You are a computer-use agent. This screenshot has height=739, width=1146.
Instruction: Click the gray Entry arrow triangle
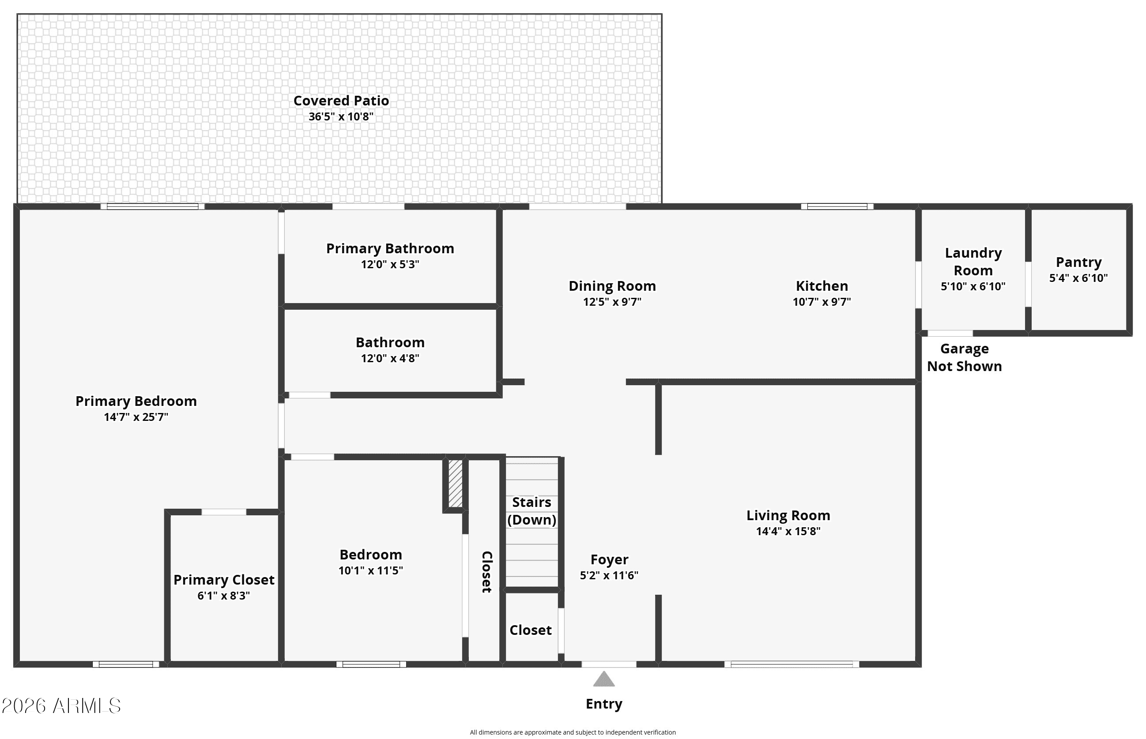pos(604,679)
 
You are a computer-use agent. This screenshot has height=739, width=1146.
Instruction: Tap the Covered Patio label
pos(341,101)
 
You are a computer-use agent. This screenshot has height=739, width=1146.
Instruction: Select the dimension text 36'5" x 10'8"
pos(341,116)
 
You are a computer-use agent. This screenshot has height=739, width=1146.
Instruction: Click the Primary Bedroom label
pos(136,401)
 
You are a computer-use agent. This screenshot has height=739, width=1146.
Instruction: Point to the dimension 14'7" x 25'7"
pos(136,417)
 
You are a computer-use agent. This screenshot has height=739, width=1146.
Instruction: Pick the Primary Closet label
pos(224,580)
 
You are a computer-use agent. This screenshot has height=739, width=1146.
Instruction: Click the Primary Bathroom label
pos(390,248)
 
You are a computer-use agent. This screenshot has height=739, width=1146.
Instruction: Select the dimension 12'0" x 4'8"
pos(390,358)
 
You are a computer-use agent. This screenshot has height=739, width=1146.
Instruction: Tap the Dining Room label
pos(612,286)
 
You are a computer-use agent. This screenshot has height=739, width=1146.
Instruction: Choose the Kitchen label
pos(822,286)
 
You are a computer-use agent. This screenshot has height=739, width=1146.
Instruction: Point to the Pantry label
pos(1078,262)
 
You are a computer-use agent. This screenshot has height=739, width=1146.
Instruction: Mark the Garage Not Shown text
pos(964,357)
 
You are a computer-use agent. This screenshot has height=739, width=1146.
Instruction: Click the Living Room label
pos(788,515)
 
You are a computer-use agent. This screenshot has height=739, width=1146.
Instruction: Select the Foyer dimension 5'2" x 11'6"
pos(609,575)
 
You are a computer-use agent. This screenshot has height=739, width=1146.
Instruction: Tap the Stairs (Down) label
pos(532,511)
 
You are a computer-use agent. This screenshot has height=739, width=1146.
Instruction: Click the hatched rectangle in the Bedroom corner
pos(455,483)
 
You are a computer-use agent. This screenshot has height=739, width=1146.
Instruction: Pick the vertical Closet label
pos(487,572)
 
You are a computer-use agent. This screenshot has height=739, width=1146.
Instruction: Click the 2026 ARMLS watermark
pos(61,706)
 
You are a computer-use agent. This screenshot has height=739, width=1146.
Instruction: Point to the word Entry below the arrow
pos(604,704)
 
